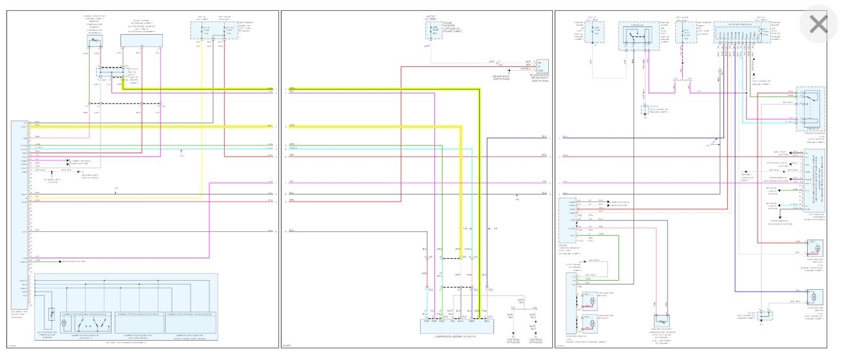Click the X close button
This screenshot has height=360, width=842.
click(818, 25)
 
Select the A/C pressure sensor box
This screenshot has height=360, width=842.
click(141, 41)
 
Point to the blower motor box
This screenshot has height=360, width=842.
click(538, 64)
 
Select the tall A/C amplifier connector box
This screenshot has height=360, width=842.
click(19, 213)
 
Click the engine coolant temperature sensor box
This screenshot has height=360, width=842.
click(663, 319)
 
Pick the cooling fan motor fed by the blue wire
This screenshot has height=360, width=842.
click(812, 297)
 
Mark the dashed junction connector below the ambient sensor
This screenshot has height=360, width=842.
click(110, 75)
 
